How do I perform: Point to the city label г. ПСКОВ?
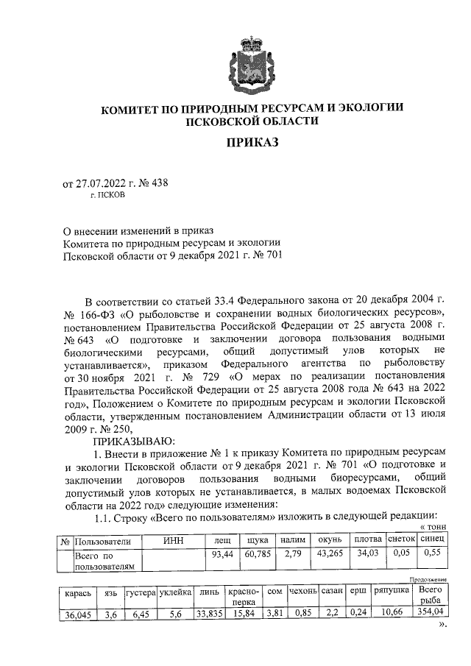click(107, 197)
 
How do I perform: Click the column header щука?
click(257, 541)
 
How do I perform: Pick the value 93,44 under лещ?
click(222, 553)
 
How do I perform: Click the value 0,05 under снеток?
click(401, 553)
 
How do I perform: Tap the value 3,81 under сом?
click(275, 612)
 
